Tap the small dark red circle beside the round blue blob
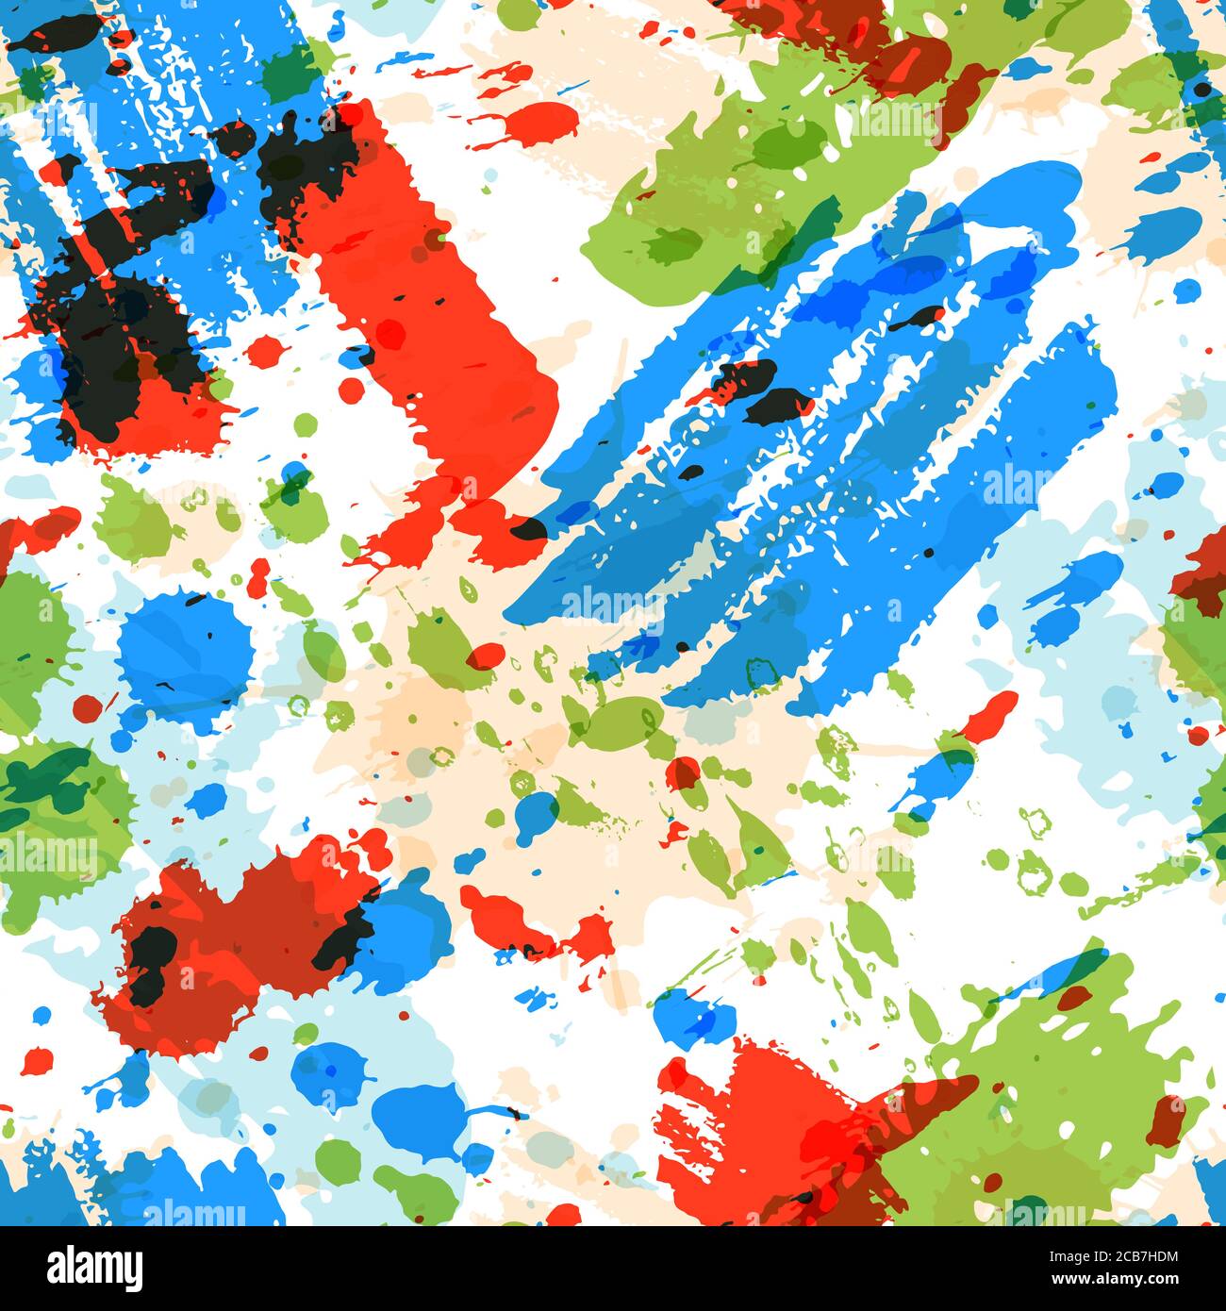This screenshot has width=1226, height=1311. tap(87, 706)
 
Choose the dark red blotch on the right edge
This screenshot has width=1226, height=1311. tap(1202, 571)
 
